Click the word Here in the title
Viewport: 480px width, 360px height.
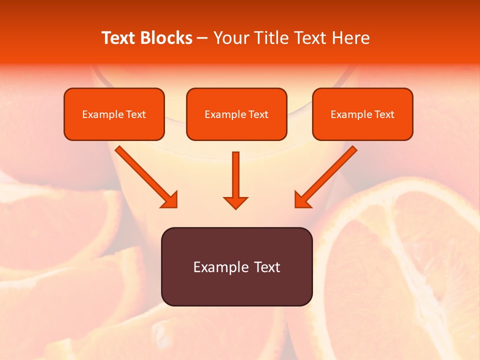tap(352, 38)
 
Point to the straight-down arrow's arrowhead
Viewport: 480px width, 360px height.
tap(235, 202)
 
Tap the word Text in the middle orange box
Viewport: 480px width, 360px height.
tap(258, 114)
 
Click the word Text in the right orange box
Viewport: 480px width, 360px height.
tap(384, 114)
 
